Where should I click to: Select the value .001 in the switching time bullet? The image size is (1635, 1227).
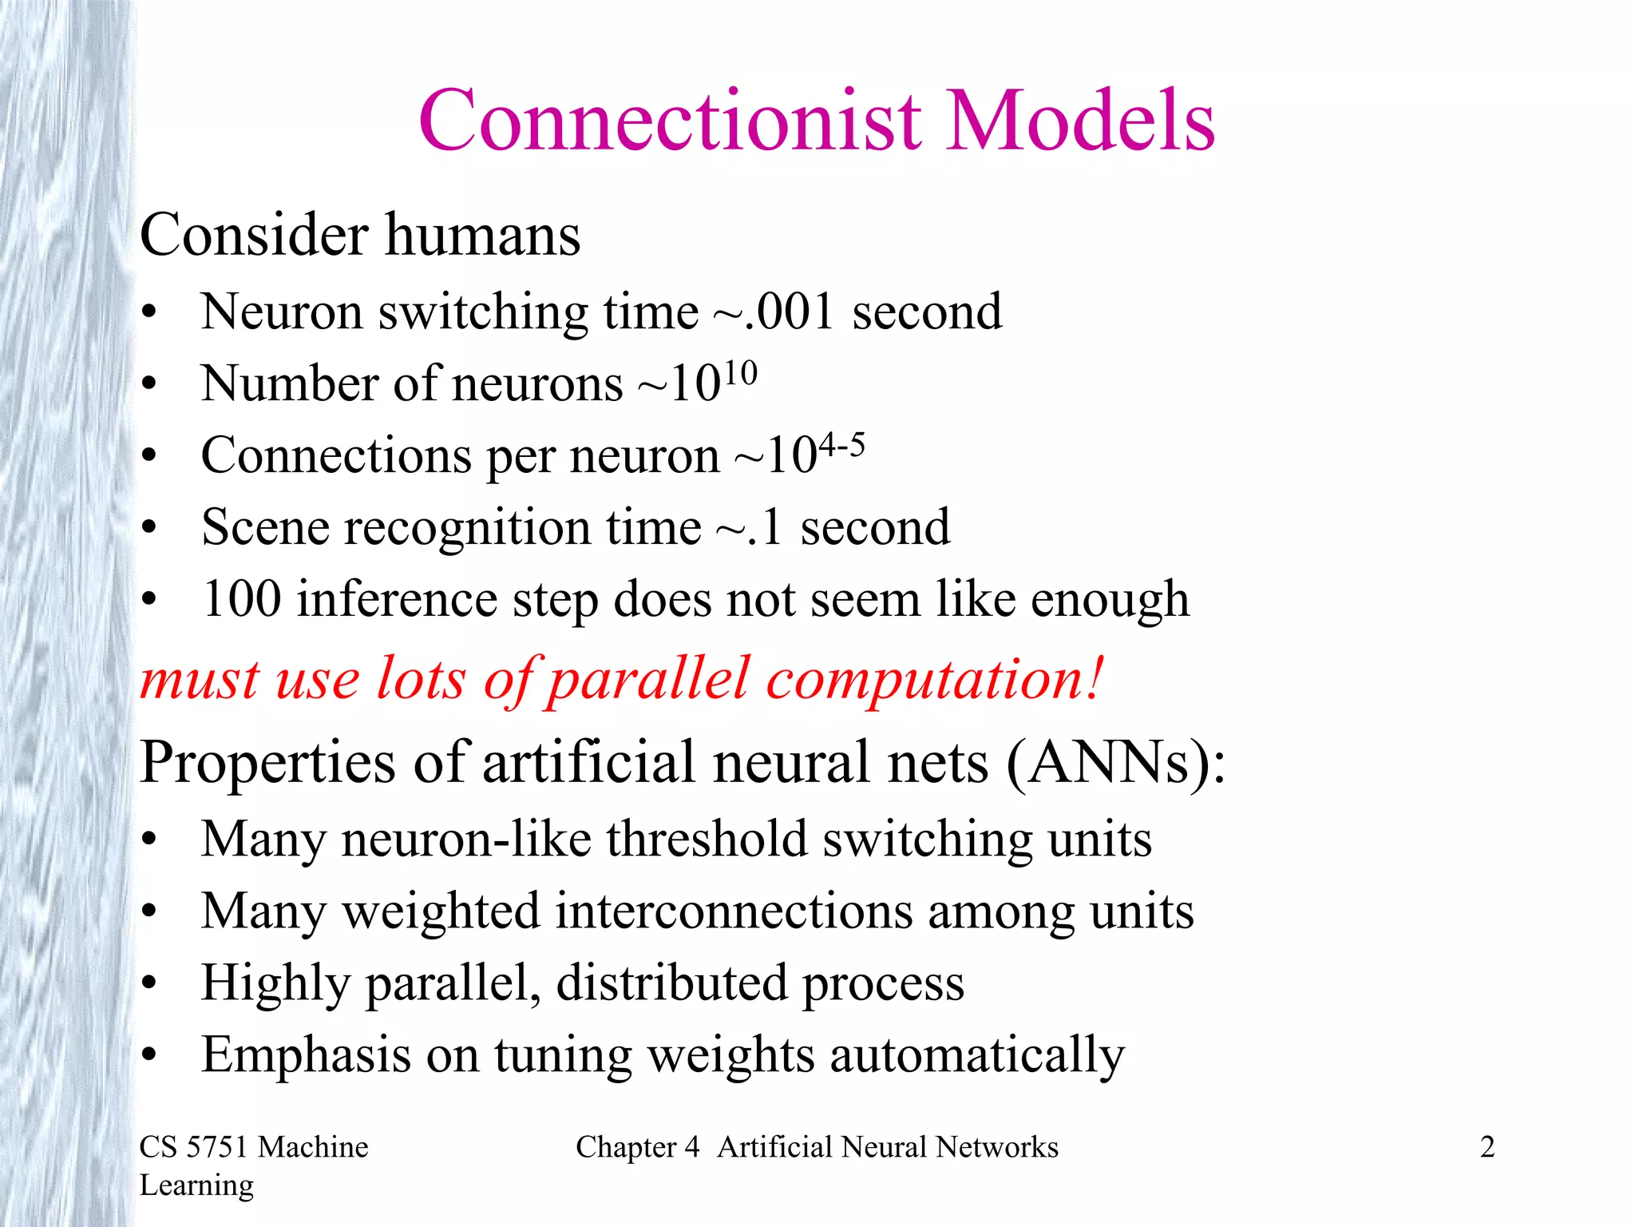[790, 312]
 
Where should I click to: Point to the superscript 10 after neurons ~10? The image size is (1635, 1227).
[741, 372]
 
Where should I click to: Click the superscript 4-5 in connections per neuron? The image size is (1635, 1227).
[842, 444]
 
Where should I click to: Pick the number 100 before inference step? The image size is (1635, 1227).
[242, 599]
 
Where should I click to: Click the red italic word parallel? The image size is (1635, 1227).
[649, 679]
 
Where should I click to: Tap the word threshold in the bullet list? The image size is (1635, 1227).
[707, 839]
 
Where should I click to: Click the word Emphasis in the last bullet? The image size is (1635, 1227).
[307, 1054]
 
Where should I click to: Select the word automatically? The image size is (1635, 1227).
[977, 1054]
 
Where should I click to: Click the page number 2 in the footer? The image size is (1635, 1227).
[1487, 1147]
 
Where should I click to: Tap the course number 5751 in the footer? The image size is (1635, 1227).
[217, 1147]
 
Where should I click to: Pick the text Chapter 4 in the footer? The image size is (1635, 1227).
[637, 1147]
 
